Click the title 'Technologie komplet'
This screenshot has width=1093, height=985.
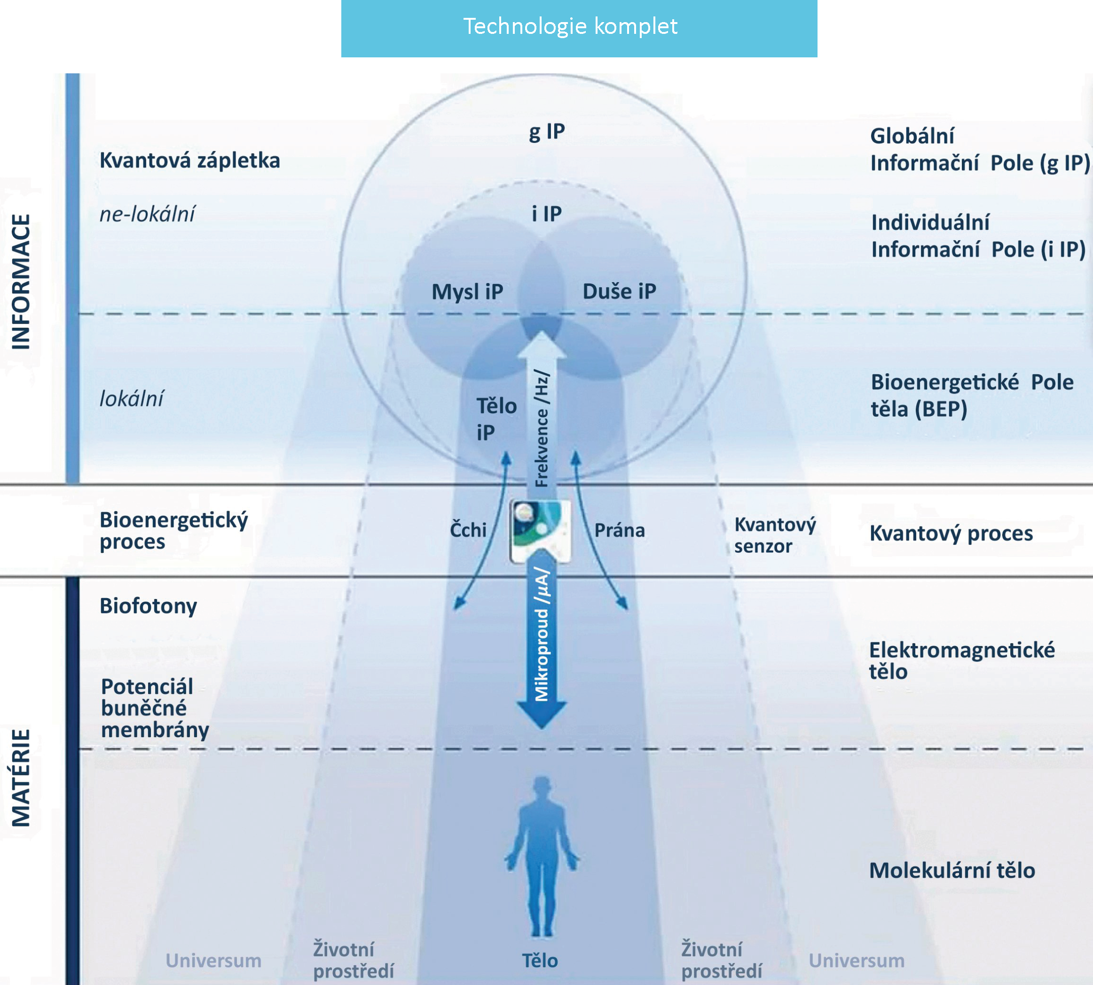(570, 26)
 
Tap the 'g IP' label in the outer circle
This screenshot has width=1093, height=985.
(546, 132)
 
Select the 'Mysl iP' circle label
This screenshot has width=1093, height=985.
(467, 292)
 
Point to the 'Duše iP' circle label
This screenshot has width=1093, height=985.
(619, 292)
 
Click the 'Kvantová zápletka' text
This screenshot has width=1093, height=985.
(189, 161)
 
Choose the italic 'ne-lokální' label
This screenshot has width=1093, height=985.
(147, 214)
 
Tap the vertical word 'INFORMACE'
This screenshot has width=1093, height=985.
(21, 282)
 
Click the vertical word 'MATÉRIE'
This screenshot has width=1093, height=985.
(21, 778)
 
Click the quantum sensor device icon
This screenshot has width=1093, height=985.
(541, 530)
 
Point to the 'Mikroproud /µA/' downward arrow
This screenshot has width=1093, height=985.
(542, 644)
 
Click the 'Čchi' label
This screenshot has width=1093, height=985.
(468, 530)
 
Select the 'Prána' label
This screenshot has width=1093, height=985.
(620, 530)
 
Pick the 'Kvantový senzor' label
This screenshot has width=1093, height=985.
(774, 535)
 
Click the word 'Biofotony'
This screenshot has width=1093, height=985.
(148, 606)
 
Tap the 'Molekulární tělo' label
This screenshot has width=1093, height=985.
(952, 871)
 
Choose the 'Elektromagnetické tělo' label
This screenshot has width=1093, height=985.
(961, 660)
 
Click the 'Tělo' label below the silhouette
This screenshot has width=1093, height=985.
(540, 961)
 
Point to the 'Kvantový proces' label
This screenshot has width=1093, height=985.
(951, 534)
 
